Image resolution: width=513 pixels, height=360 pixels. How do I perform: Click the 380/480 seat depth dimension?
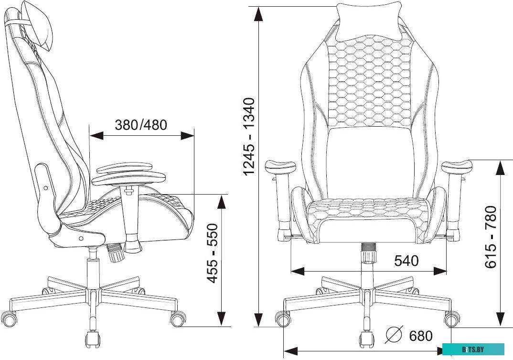tap(141, 125)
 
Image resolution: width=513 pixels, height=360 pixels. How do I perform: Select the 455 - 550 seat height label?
tap(213, 253)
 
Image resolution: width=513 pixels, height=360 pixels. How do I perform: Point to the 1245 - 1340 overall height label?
tap(249, 136)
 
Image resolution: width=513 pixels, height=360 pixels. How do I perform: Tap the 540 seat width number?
tap(406, 261)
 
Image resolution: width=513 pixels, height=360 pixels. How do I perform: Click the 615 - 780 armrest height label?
tap(491, 237)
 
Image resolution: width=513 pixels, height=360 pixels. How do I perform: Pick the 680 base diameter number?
tap(421, 336)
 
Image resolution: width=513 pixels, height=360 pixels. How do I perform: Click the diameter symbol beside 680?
tap(394, 335)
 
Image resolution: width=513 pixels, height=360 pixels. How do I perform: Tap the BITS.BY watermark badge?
tap(473, 349)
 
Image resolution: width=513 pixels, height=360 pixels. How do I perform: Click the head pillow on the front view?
tap(369, 22)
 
